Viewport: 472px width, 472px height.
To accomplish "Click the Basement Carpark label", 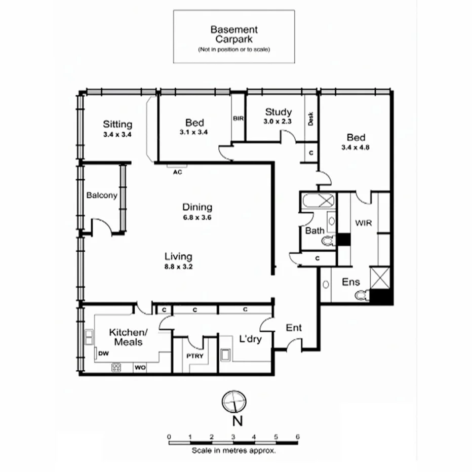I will click(x=234, y=34).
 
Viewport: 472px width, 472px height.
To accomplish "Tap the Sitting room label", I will click(x=117, y=124).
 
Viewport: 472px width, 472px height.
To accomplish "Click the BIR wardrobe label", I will click(x=239, y=119).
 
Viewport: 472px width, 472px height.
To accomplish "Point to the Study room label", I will click(x=278, y=112).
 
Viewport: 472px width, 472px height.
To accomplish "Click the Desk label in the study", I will click(x=311, y=119).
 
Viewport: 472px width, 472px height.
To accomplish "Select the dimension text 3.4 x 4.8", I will click(x=356, y=147).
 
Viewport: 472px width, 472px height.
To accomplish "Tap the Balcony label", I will click(x=101, y=195).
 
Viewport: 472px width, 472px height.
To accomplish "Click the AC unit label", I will click(x=177, y=172).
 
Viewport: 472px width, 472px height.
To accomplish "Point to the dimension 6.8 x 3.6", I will click(x=197, y=217).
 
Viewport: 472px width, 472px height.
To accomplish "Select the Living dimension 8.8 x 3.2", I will click(x=178, y=266).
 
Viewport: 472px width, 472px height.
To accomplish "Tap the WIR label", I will click(x=363, y=222).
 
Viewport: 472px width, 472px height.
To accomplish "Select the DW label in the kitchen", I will click(x=103, y=353).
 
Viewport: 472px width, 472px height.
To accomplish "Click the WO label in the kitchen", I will click(x=140, y=368).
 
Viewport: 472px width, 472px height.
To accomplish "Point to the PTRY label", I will click(x=195, y=356).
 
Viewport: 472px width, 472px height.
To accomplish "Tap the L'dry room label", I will click(x=250, y=339).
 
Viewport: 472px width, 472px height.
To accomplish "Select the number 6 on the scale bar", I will click(x=297, y=436).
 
